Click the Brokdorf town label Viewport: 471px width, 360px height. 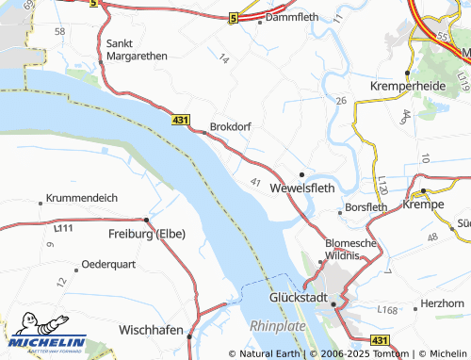(231, 125)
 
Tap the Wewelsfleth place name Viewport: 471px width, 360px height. (302, 188)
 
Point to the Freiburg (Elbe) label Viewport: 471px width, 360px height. (147, 234)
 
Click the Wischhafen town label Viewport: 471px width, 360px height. (151, 331)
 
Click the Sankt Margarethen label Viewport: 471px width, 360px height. (137, 49)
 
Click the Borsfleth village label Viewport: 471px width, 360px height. (366, 206)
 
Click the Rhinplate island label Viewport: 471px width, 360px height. (278, 325)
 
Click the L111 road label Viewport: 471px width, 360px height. (63, 228)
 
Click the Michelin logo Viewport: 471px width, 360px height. (44, 344)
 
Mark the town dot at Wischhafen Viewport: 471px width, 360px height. (188, 335)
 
